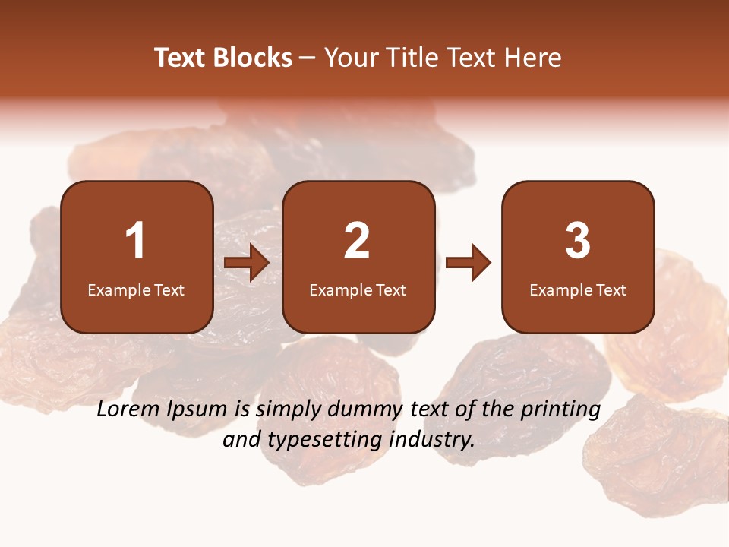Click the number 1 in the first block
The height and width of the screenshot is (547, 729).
[x=135, y=241]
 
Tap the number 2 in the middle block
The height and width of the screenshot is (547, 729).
[x=357, y=241]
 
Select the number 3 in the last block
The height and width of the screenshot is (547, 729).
[x=578, y=241]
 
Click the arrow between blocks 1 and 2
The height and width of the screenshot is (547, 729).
[x=247, y=263]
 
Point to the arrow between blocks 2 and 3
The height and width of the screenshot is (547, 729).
[x=469, y=263]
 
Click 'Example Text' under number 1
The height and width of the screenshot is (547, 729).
[x=136, y=290]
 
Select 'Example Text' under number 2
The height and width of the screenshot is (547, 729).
[x=358, y=290]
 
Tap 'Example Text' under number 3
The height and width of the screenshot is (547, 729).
[x=578, y=290]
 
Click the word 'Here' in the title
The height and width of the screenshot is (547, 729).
[x=534, y=58]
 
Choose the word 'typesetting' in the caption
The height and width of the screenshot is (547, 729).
[x=318, y=440]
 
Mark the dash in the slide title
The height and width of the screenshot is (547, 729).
[x=308, y=58]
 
